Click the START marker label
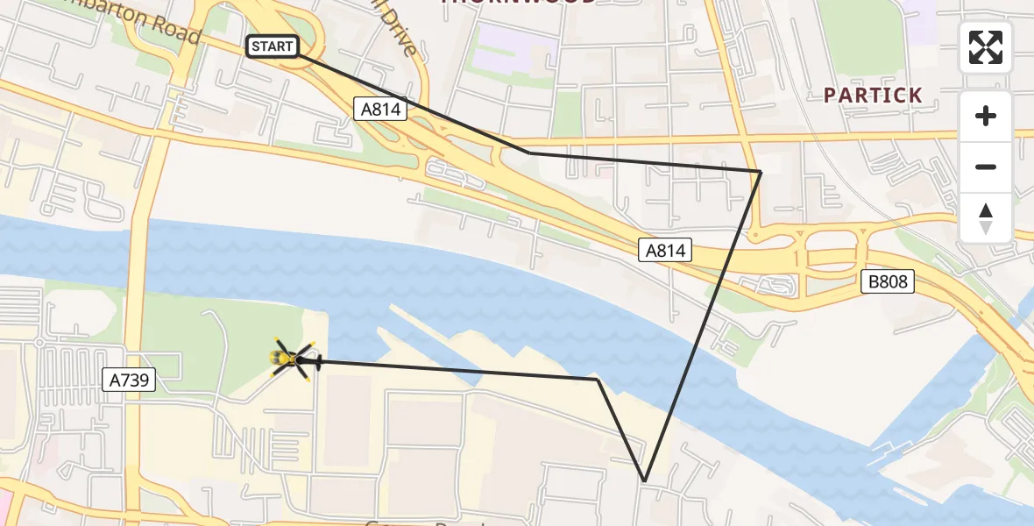273,46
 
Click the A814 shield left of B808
665,251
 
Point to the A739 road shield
130,380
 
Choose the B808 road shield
887,281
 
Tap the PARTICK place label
873,96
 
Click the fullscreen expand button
986,47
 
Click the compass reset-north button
986,218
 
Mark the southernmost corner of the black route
645,481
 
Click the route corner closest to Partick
761,172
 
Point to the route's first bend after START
529,153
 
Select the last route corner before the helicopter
598,379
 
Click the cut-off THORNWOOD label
519,3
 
